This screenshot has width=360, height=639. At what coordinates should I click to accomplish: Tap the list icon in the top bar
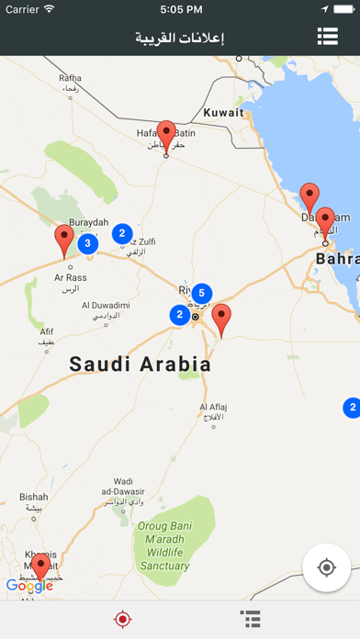pyautogui.click(x=328, y=36)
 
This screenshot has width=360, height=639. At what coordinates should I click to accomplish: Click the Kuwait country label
pyautogui.click(x=224, y=113)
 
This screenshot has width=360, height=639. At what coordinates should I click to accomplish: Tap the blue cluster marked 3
pyautogui.click(x=86, y=243)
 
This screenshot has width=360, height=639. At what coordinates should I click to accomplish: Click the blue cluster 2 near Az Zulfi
pyautogui.click(x=121, y=234)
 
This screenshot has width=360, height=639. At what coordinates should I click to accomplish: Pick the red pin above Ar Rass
pyautogui.click(x=63, y=240)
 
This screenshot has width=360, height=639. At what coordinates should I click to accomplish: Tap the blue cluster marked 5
pyautogui.click(x=201, y=294)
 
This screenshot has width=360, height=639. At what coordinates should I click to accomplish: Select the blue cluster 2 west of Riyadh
pyautogui.click(x=178, y=315)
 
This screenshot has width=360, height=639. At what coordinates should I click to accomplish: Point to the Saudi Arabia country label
pyautogui.click(x=141, y=364)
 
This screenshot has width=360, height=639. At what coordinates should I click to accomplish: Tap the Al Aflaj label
pyautogui.click(x=213, y=411)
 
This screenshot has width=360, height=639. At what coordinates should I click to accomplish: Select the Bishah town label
pyautogui.click(x=34, y=501)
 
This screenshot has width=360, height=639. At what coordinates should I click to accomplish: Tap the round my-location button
pyautogui.click(x=326, y=567)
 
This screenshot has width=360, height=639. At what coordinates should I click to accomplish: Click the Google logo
pyautogui.click(x=29, y=586)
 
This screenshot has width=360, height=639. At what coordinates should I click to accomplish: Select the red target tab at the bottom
pyautogui.click(x=122, y=620)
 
